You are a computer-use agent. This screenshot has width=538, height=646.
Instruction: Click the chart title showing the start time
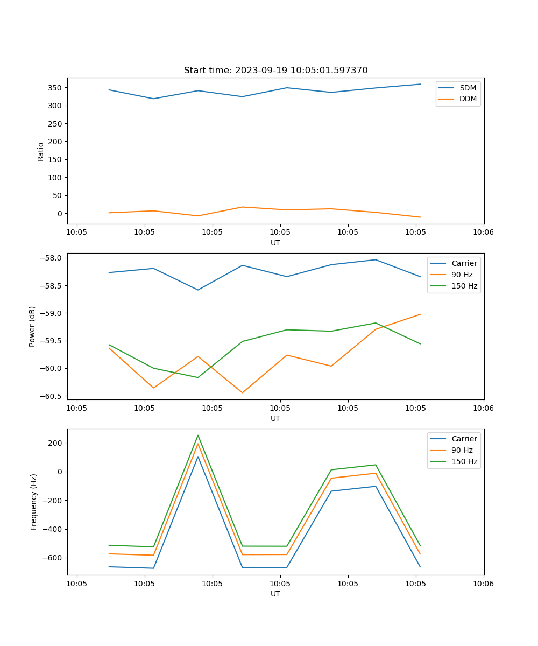tap(275, 71)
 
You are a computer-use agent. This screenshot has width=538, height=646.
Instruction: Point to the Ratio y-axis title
tap(41, 151)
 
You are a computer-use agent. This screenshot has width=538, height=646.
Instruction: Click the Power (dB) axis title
tap(32, 326)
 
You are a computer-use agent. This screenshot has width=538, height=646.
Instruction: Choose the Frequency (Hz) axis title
tap(34, 502)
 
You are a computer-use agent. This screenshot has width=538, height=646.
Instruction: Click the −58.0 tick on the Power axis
tap(52, 258)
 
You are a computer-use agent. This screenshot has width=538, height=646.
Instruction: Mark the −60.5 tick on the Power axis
tap(52, 396)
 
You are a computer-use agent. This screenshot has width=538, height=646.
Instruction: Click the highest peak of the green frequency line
tap(198, 435)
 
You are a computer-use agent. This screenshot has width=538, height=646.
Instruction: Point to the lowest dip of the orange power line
tap(242, 392)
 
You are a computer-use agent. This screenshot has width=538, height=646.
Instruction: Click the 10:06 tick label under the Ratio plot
tap(483, 233)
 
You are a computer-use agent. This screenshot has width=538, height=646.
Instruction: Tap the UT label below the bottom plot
tap(275, 594)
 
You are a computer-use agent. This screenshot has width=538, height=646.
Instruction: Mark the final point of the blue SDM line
tap(420, 84)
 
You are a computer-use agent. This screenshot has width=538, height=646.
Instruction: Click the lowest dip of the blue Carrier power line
tap(198, 290)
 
